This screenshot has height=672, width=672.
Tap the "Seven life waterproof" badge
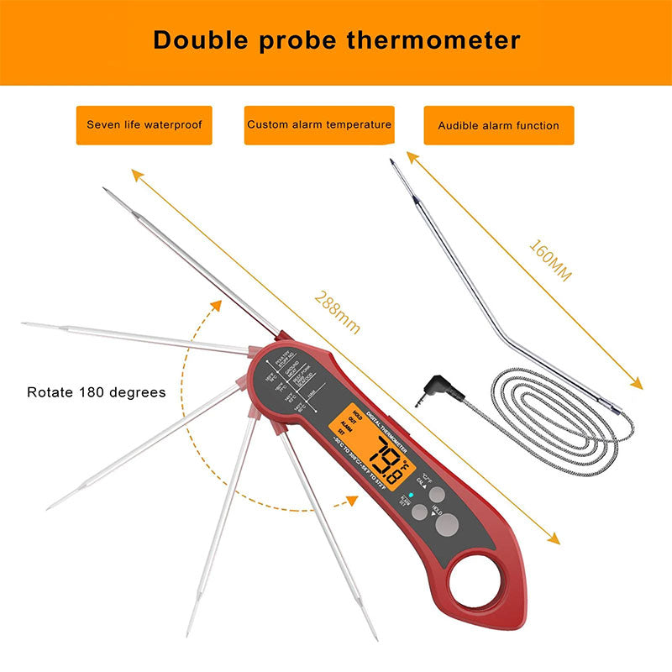(144, 125)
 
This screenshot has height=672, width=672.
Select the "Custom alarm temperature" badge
(319, 125)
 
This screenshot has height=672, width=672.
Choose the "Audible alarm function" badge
(498, 125)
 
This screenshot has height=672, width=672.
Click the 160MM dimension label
(550, 260)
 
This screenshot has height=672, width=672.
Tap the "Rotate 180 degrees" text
(97, 392)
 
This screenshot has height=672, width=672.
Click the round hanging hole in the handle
(477, 579)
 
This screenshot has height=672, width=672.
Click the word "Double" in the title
(197, 39)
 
